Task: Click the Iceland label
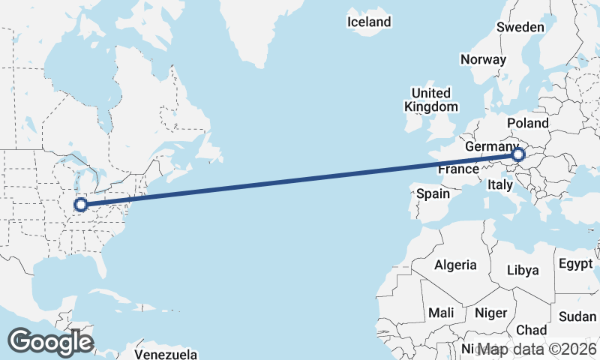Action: click(x=369, y=22)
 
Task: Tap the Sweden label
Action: click(x=520, y=27)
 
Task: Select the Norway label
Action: click(x=483, y=59)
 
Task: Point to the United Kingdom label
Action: click(x=431, y=100)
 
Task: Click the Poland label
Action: click(x=528, y=123)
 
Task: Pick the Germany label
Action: click(x=491, y=146)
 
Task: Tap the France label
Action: click(x=458, y=169)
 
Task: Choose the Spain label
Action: click(x=433, y=193)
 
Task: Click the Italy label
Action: click(x=499, y=184)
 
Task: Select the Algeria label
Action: click(x=455, y=265)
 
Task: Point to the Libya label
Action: click(x=523, y=270)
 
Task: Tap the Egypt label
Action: click(x=576, y=264)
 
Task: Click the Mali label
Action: click(x=441, y=312)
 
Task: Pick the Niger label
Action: click(x=491, y=313)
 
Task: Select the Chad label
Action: click(x=532, y=330)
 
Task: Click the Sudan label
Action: click(x=577, y=316)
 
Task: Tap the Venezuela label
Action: click(x=166, y=353)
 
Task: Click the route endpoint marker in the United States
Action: click(x=80, y=204)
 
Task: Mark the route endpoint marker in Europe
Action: click(x=518, y=155)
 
